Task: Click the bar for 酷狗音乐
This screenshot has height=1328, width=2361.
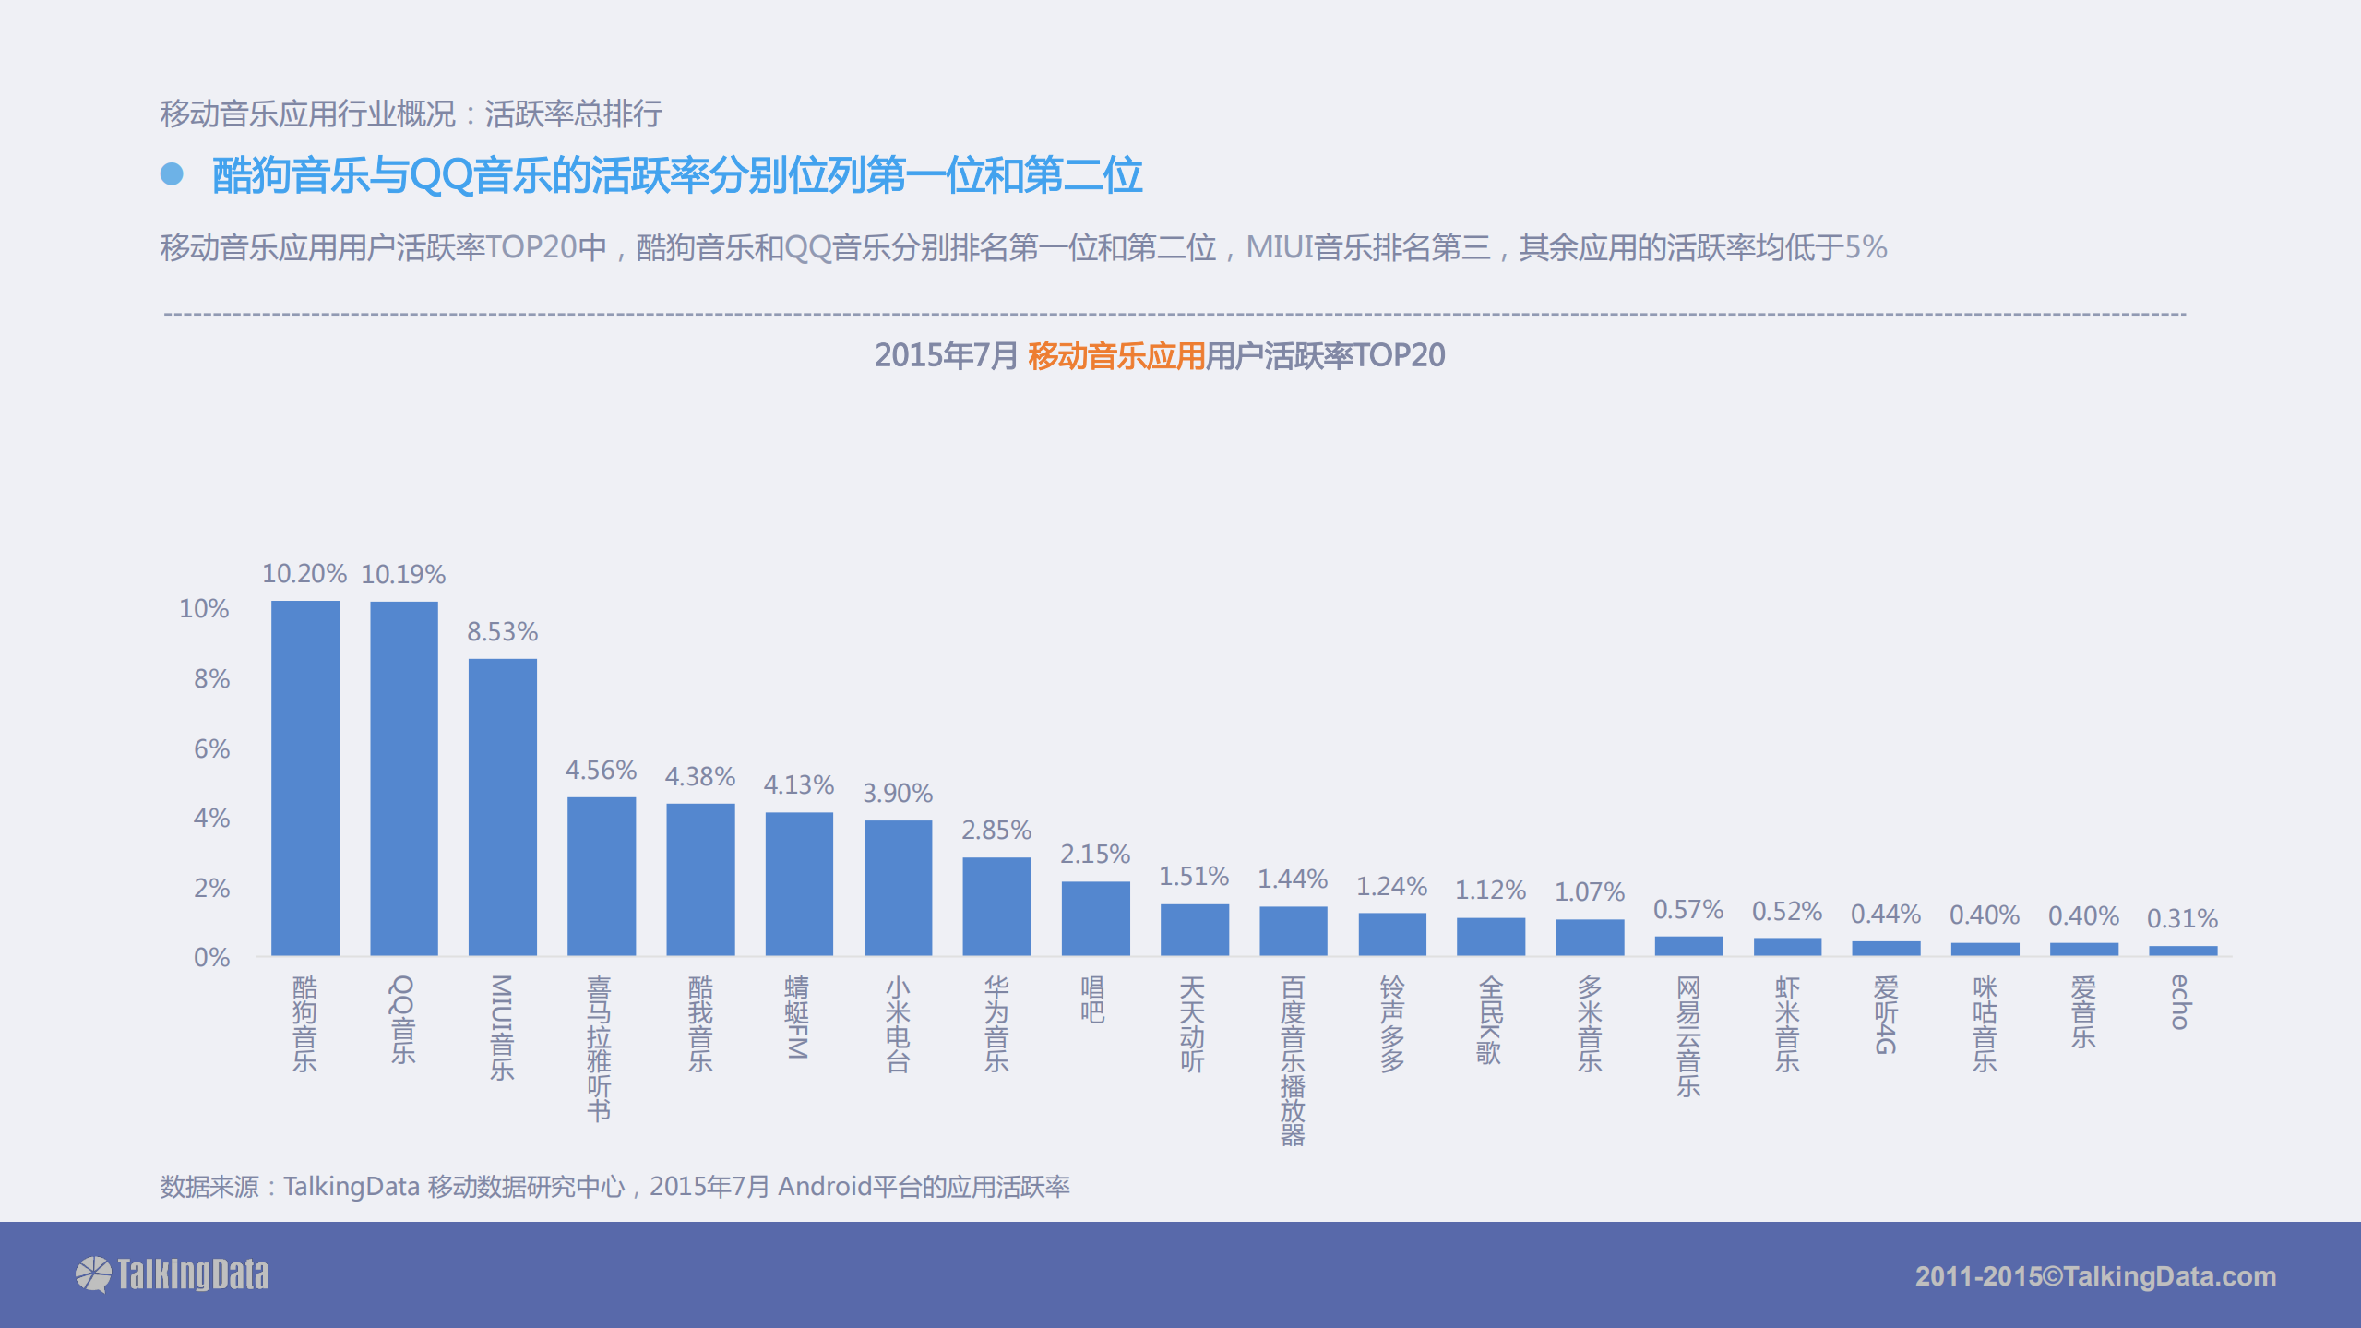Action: tap(304, 778)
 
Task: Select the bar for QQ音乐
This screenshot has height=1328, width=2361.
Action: tap(403, 778)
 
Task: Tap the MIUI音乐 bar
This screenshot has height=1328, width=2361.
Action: tap(502, 807)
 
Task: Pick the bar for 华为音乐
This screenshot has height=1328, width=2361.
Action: tap(996, 905)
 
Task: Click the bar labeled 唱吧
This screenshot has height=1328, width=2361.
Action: tap(1095, 917)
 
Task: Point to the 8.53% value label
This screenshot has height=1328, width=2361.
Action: tap(502, 632)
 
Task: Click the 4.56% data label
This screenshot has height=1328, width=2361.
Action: tap(601, 771)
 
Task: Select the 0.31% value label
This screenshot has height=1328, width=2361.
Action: tap(2182, 919)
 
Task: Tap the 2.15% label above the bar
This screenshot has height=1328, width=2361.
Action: tap(1095, 855)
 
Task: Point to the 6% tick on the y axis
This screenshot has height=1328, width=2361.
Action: tap(211, 748)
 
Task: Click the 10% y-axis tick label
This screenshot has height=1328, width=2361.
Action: tap(204, 609)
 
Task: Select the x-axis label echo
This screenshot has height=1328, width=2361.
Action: tap(2181, 1001)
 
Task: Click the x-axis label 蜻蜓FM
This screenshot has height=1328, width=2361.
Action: tap(797, 1017)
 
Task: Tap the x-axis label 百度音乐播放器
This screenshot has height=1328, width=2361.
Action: tap(1293, 1060)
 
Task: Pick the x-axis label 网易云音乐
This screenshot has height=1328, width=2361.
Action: tap(1688, 1036)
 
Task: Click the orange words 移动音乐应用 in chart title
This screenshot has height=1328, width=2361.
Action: tap(1116, 356)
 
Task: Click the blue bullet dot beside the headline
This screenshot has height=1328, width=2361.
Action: tap(172, 173)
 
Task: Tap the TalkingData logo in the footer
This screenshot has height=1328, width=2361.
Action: tap(173, 1274)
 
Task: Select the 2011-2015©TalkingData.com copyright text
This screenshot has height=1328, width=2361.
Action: tap(2095, 1276)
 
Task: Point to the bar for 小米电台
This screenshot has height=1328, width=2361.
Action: tap(898, 887)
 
